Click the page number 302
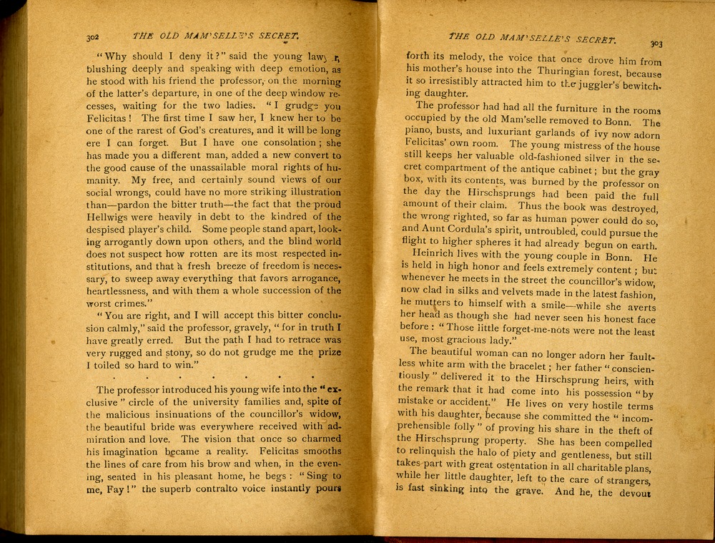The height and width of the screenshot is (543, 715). [92, 36]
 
